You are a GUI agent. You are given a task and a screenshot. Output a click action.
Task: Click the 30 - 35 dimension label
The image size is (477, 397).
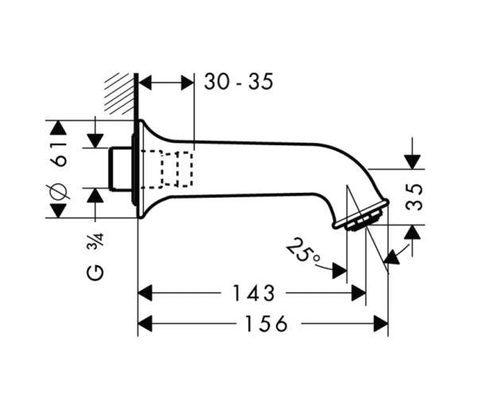click(x=238, y=82)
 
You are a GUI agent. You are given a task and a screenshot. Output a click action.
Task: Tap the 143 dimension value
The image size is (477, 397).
click(x=254, y=293)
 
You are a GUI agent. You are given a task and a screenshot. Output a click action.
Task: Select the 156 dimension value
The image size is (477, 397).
click(x=266, y=323)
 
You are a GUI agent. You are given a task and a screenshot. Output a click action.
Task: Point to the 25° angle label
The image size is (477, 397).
click(x=303, y=249)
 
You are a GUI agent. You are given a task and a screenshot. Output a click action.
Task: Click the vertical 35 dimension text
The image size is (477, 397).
click(x=414, y=197)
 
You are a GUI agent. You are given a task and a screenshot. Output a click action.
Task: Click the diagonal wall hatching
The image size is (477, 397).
click(x=119, y=94)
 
